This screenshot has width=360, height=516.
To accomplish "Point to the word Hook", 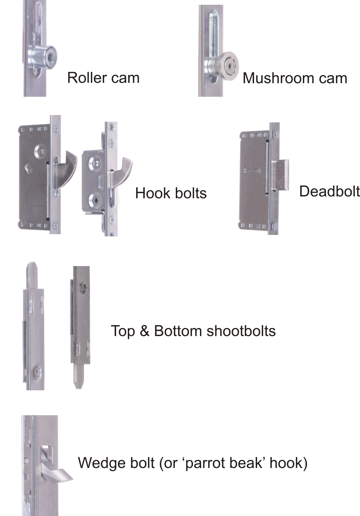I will coord(151,193).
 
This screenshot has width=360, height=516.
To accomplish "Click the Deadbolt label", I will coord(329,191).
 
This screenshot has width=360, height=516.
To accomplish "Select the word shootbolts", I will coord(241,331).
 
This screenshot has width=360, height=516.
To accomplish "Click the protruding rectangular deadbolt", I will coord(281,174).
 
